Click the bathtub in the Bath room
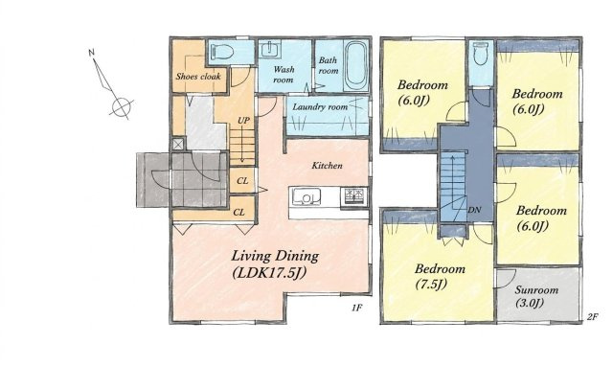point(355,65)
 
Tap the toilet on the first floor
point(221,52)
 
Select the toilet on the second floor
point(481,54)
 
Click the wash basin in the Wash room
point(269,49)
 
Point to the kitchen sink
point(306,196)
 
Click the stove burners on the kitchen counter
point(353,196)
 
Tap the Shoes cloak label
point(198,77)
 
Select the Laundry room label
point(320,106)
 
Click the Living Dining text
point(275,256)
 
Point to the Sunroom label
point(536,290)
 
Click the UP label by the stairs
point(243,121)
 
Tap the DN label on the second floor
point(474,210)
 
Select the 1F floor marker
point(356,309)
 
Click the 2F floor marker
point(592,317)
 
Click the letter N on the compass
point(92,53)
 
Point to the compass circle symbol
point(122,106)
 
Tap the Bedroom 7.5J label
point(440,277)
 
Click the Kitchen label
point(327,166)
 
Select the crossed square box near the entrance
point(178,144)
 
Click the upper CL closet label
point(242,181)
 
